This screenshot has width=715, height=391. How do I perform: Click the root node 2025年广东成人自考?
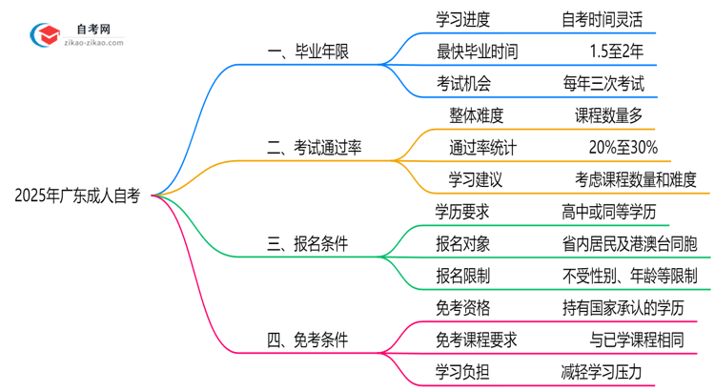[x=78, y=196]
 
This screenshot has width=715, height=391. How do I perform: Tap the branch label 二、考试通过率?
[x=315, y=148]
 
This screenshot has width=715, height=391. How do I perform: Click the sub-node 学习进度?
[x=463, y=19]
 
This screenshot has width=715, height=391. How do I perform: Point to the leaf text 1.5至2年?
[x=616, y=51]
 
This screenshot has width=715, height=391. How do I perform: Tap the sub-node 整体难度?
[x=476, y=115]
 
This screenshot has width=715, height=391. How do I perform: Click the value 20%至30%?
[x=623, y=148]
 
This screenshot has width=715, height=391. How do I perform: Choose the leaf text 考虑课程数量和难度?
[x=636, y=179]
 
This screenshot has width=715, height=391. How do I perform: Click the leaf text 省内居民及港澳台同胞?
[x=630, y=244]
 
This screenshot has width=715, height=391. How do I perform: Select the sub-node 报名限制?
[x=463, y=276]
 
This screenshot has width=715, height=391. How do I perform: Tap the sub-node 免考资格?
[x=463, y=307]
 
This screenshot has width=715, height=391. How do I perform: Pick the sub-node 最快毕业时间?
[x=477, y=51]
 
